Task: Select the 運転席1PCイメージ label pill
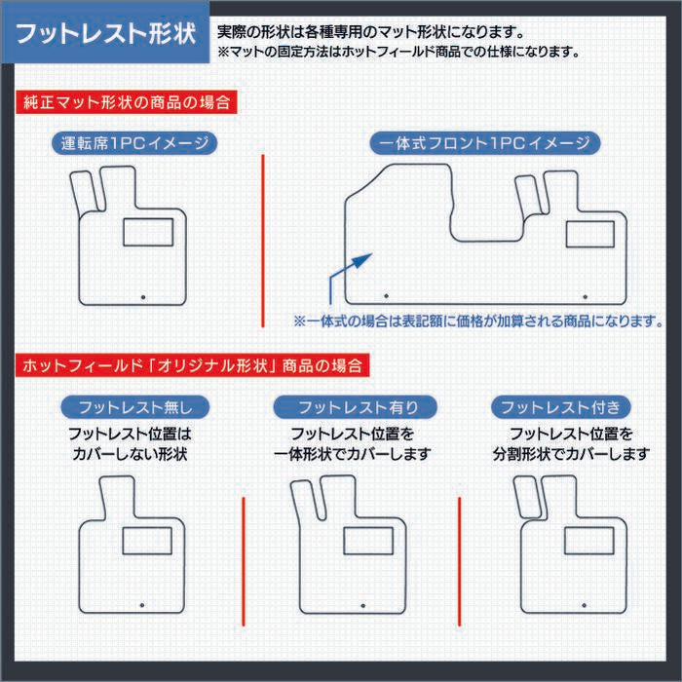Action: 133,143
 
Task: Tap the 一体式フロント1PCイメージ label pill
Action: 484,143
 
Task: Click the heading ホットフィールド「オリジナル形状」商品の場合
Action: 191,366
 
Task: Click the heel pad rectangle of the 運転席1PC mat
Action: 147,232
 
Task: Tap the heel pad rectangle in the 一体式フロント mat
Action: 590,234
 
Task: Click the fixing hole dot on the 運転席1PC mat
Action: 144,296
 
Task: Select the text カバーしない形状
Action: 129,455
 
